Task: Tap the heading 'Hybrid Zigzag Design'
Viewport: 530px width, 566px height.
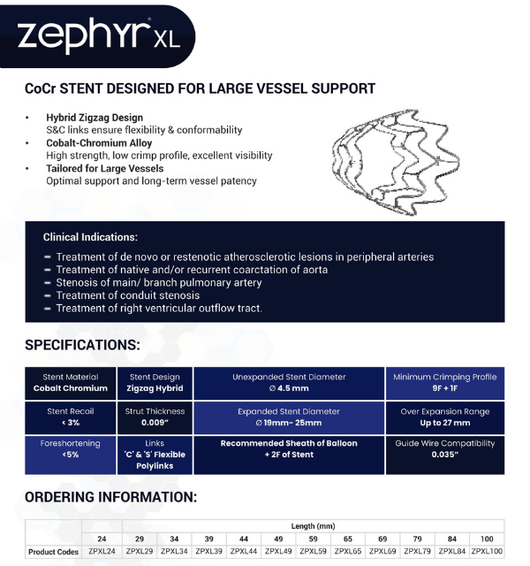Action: click(95, 118)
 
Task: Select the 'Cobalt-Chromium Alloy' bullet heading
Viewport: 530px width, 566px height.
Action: click(99, 143)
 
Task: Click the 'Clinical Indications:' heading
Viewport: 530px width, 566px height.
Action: click(90, 237)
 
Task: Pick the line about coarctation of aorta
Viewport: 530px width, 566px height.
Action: click(192, 270)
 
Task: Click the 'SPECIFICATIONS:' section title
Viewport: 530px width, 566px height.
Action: click(82, 344)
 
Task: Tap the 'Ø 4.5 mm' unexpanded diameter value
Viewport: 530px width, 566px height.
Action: click(290, 388)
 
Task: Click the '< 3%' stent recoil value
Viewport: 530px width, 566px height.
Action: click(71, 423)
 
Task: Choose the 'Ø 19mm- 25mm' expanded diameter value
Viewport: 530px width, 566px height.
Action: click(290, 423)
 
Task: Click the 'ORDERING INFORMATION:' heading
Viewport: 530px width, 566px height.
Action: click(110, 497)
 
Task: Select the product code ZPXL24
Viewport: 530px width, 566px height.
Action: click(102, 551)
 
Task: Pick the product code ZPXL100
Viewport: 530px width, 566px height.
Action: click(487, 551)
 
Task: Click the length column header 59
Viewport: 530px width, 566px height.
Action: click(313, 538)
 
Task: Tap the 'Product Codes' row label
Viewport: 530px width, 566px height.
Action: click(54, 551)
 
